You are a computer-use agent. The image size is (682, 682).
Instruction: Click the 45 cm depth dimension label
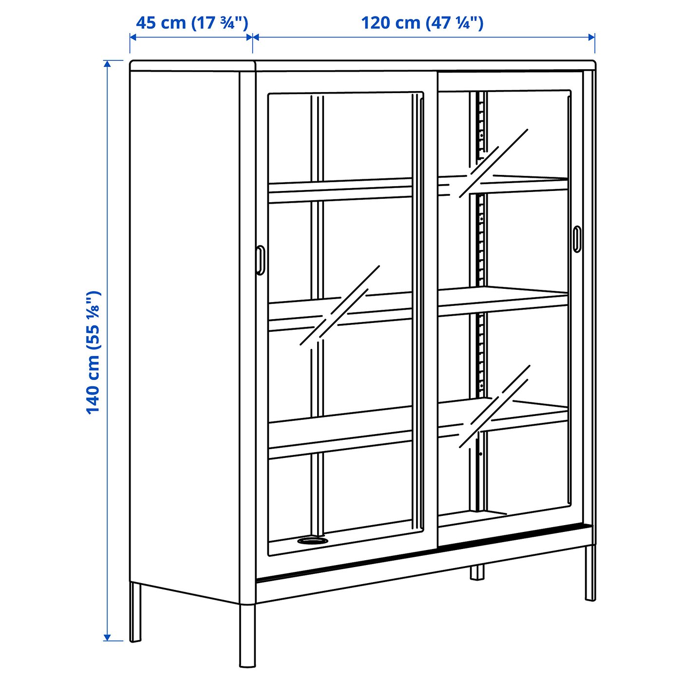(x=191, y=23)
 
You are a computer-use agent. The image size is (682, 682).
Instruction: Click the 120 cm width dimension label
(x=422, y=23)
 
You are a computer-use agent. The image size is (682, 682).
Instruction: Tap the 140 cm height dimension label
(x=93, y=352)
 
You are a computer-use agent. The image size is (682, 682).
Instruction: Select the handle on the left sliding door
(x=261, y=260)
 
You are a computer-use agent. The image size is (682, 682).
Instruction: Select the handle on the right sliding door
(x=577, y=239)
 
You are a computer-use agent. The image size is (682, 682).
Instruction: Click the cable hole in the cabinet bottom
(x=312, y=540)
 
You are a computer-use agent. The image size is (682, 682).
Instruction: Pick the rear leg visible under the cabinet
(x=477, y=572)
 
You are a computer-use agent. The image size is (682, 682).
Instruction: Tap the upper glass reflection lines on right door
(x=493, y=163)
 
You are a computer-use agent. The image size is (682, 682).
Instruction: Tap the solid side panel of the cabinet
(x=185, y=331)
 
